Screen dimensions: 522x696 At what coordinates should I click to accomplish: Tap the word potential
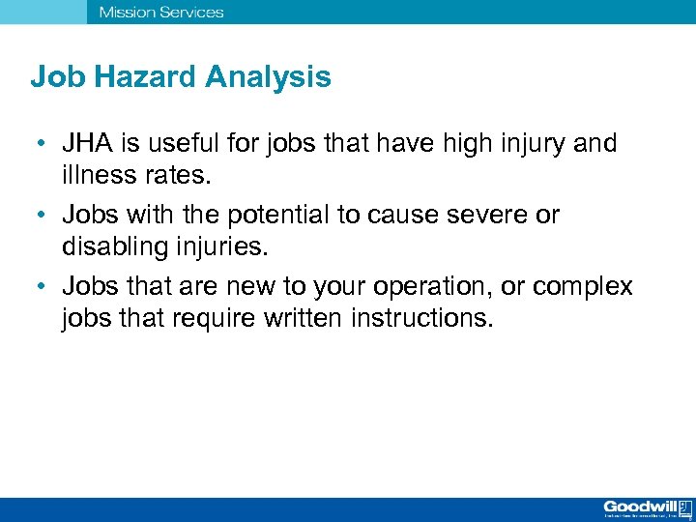pos(275,215)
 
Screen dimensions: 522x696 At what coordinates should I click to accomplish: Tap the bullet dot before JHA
pos(40,145)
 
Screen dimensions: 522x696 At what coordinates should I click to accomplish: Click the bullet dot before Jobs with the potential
pos(40,216)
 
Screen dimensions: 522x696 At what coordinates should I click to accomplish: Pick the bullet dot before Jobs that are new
pos(40,287)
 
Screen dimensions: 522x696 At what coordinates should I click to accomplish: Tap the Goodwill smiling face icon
pos(684,506)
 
